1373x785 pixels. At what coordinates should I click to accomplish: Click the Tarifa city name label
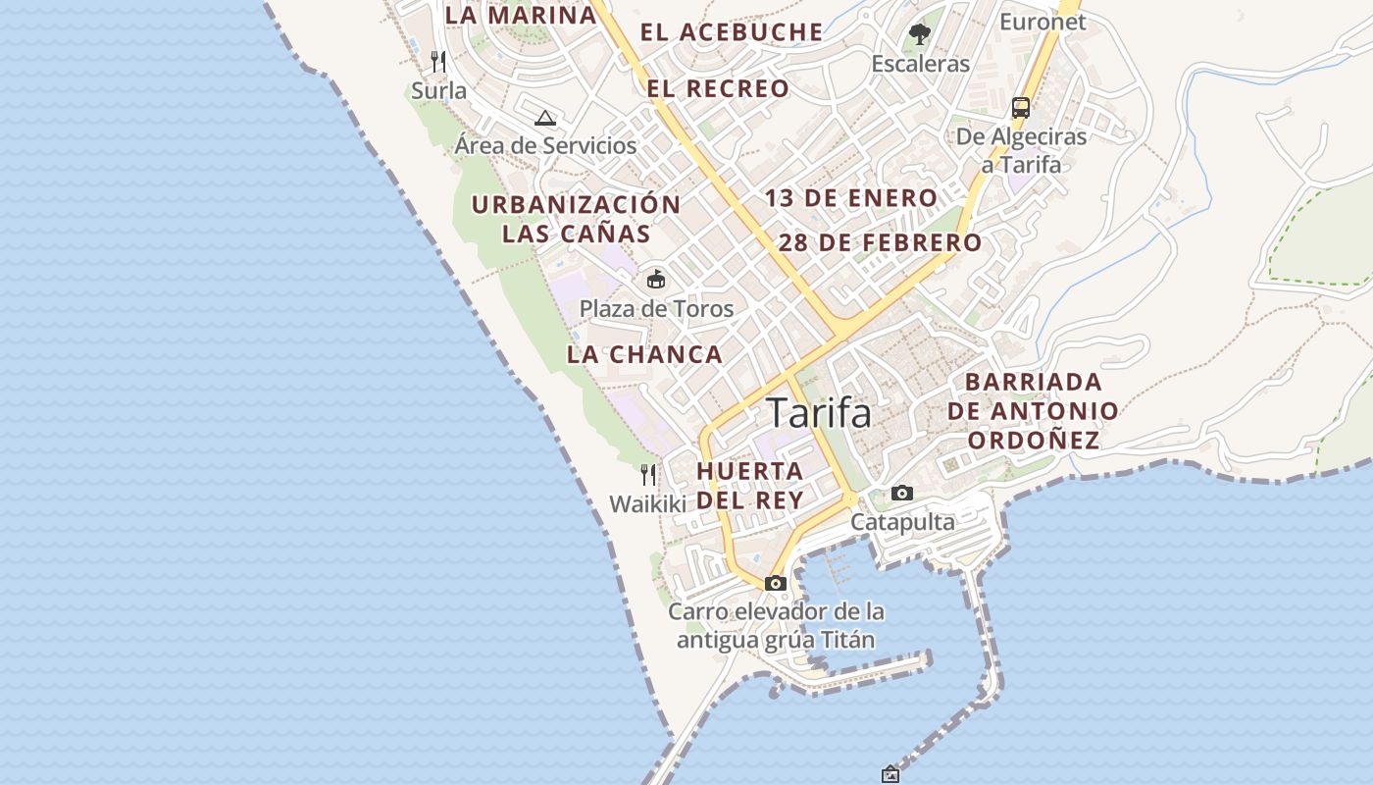click(x=819, y=413)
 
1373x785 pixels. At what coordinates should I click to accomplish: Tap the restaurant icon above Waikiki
click(x=648, y=475)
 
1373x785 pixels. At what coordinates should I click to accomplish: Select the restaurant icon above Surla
click(x=438, y=62)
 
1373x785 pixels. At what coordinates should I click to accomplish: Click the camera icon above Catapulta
click(x=901, y=493)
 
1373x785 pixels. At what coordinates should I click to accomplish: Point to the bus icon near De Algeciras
click(x=1021, y=107)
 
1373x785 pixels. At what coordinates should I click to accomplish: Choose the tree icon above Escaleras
click(x=919, y=34)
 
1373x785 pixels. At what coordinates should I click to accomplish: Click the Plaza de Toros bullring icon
click(x=655, y=280)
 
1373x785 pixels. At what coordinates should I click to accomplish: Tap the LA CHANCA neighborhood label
click(x=644, y=354)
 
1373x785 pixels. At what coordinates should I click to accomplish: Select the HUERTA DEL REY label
click(x=750, y=485)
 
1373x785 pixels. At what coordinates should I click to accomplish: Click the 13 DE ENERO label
click(x=851, y=198)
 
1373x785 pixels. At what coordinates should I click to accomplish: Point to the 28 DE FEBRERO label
click(x=880, y=242)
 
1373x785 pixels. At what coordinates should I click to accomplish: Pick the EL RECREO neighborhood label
click(x=718, y=88)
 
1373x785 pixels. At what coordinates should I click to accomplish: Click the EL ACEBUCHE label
click(x=732, y=31)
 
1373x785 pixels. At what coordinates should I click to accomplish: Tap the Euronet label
click(x=1042, y=22)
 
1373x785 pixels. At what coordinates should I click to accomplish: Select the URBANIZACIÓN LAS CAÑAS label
click(x=576, y=219)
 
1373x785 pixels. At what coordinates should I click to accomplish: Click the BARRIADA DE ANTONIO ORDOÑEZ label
click(x=1033, y=410)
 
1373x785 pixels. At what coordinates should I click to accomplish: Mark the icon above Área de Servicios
click(x=545, y=119)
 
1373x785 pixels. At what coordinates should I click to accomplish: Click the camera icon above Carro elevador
click(x=776, y=583)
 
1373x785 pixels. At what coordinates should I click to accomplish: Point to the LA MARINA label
click(x=521, y=15)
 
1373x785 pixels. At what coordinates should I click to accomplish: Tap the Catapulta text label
click(x=902, y=521)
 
